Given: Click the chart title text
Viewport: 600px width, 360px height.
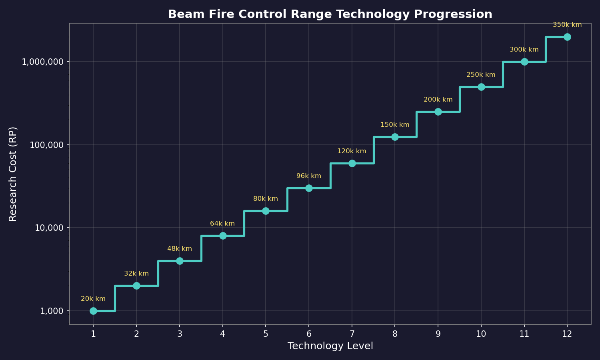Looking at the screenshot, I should (330, 14).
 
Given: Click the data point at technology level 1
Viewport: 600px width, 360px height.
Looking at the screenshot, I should (93, 311).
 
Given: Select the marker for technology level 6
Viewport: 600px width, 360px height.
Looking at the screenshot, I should (309, 188).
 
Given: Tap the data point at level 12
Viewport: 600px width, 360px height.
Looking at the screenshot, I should (567, 37).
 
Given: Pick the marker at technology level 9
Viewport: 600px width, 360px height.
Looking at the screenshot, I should (438, 112).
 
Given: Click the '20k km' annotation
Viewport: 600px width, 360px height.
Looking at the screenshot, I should (93, 299).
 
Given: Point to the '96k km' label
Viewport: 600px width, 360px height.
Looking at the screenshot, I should (309, 176).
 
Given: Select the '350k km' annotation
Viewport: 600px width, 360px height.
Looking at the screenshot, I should (567, 25).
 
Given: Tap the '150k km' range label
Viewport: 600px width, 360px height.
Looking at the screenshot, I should (395, 125).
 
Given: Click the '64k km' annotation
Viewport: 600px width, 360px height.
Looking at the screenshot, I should (222, 224).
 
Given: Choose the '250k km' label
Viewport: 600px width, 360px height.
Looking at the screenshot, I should (481, 75).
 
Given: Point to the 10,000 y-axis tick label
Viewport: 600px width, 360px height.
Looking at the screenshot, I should (50, 228).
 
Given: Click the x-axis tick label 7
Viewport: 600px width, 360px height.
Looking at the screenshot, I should (352, 334).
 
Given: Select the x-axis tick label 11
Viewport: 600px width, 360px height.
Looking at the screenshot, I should (524, 334).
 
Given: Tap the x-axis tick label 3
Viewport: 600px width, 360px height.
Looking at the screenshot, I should (180, 334).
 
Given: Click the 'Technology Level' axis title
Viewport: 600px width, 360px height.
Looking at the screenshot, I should (330, 346).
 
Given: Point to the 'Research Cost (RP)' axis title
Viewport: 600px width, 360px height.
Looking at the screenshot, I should (13, 174).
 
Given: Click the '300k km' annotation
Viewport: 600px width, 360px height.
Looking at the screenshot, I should (524, 50).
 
